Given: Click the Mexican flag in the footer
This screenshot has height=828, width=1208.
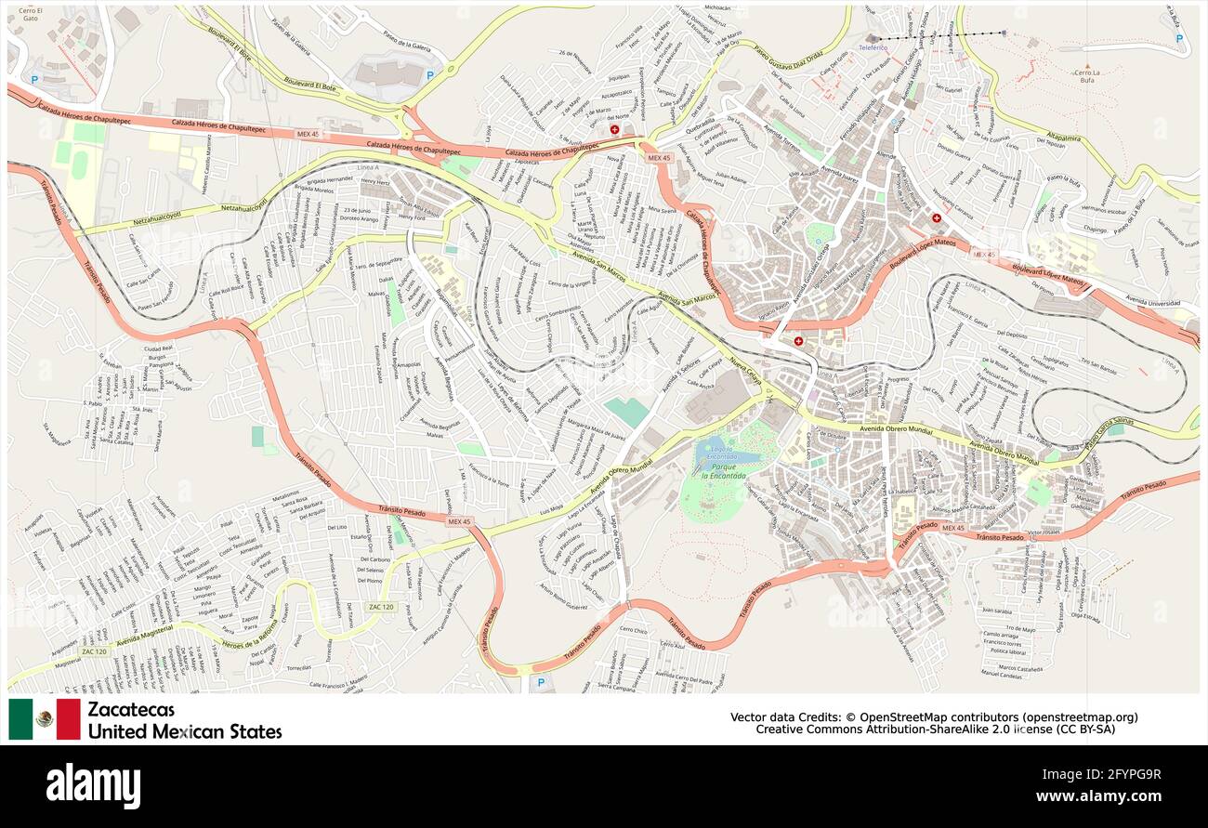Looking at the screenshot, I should (45, 719).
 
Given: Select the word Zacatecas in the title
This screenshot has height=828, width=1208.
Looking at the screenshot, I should (131, 710).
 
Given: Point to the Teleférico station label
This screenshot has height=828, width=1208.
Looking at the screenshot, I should (873, 46).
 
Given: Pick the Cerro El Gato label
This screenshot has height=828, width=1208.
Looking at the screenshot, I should (31, 13).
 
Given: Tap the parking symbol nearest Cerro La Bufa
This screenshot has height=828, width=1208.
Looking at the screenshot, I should (1179, 39).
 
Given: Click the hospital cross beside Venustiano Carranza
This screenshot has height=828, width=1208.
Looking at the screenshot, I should (937, 218).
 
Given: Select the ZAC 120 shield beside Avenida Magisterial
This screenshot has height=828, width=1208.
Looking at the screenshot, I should (94, 651).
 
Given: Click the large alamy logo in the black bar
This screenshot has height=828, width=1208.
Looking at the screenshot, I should (93, 786).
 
